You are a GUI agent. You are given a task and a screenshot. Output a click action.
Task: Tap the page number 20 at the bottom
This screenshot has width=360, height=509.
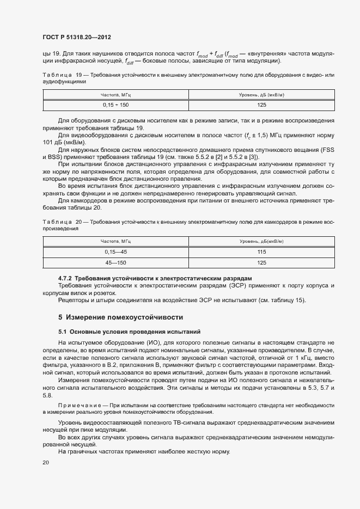[x=46, y=463]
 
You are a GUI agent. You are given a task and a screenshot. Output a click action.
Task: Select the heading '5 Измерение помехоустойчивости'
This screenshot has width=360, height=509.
[x=120, y=317]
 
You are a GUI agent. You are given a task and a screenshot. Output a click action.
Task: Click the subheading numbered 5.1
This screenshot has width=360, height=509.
[x=130, y=331]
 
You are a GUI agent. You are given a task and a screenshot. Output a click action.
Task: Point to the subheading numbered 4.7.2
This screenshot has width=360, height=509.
[x=155, y=278]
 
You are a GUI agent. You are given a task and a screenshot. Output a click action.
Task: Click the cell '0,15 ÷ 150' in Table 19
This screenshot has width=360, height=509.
[x=115, y=104]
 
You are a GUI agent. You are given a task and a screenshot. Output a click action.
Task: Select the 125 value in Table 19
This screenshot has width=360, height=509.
[x=261, y=104]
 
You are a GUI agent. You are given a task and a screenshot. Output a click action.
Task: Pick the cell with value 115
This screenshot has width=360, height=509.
[x=261, y=252]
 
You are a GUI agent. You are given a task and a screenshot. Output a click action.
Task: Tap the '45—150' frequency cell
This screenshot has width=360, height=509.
[x=115, y=262]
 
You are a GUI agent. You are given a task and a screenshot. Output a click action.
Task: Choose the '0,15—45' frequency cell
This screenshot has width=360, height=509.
[x=115, y=252]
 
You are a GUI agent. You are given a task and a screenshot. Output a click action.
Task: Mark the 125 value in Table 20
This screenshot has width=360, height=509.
[x=261, y=262]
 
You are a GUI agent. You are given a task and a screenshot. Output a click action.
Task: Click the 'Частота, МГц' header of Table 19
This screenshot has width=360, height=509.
[x=115, y=95]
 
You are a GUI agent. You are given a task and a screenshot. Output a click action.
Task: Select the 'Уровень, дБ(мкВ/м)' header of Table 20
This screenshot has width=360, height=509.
[x=261, y=241]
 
